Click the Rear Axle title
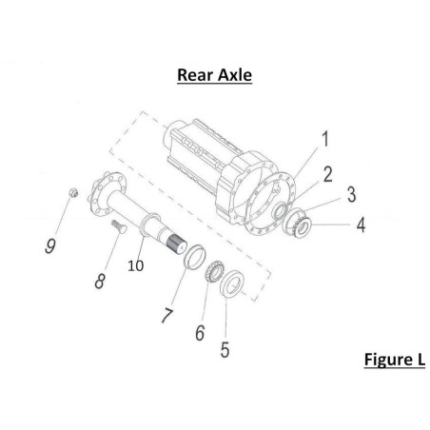[214, 75]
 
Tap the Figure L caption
[395, 360]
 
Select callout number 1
[325, 139]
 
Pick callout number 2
[328, 174]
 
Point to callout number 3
[351, 194]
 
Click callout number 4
[361, 225]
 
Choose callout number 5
[225, 350]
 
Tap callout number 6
[200, 333]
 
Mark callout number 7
[167, 315]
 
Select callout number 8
[100, 281]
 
